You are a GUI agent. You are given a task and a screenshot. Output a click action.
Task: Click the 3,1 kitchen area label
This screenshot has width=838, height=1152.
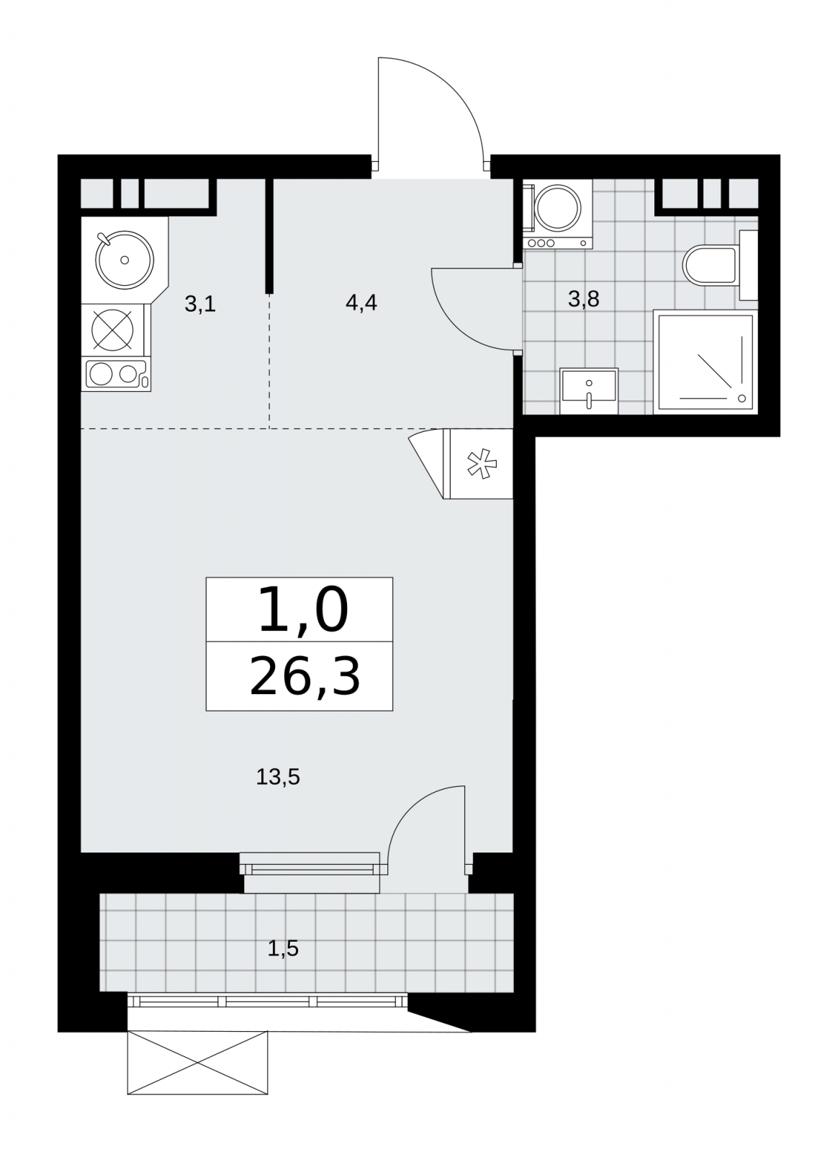click(x=200, y=304)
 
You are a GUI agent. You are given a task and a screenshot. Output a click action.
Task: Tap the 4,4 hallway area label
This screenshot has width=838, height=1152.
click(x=361, y=303)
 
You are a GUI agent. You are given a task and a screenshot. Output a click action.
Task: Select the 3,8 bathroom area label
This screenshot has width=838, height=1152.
click(x=584, y=299)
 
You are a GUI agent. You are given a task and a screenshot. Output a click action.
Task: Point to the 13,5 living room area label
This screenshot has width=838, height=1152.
click(x=278, y=777)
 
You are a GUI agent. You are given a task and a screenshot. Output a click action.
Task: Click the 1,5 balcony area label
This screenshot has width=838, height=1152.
click(x=283, y=948)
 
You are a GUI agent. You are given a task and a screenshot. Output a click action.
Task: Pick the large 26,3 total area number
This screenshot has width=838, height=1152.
click(x=305, y=678)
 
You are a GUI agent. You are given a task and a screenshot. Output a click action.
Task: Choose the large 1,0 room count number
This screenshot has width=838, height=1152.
click(x=303, y=611)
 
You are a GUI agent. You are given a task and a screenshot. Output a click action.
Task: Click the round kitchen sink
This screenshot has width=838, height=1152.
click(x=125, y=260)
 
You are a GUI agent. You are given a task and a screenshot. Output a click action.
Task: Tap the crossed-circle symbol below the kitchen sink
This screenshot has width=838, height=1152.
click(x=112, y=330)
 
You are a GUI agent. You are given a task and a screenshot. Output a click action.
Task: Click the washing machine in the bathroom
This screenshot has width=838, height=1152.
click(x=558, y=215)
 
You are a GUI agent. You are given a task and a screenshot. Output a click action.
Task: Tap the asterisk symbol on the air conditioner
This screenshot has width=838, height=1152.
click(x=482, y=464)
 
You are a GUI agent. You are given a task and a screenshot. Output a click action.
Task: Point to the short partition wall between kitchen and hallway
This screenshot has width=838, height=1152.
click(x=269, y=236)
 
